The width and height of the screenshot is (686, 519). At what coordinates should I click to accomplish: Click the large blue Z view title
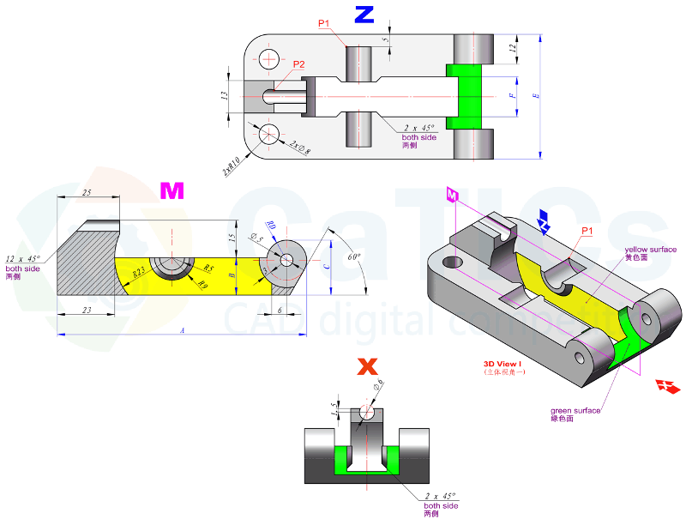(364, 15)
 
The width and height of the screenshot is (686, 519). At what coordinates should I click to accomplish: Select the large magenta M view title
(172, 191)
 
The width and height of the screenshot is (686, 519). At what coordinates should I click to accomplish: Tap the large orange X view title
(367, 367)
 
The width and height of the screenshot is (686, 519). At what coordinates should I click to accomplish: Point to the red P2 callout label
(299, 64)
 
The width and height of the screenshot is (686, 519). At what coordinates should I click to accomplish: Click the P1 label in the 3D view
(587, 231)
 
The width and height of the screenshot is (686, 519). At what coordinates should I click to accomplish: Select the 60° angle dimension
(355, 256)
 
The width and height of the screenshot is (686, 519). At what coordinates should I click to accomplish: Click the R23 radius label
(138, 273)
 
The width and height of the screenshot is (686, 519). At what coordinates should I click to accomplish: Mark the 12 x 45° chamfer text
(23, 259)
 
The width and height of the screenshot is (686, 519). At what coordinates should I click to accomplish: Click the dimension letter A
(182, 330)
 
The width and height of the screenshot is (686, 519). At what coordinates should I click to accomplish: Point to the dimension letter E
(535, 97)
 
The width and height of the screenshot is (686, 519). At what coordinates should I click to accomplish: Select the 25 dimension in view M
(87, 193)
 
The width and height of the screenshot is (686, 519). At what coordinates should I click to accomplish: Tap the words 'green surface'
(575, 411)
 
